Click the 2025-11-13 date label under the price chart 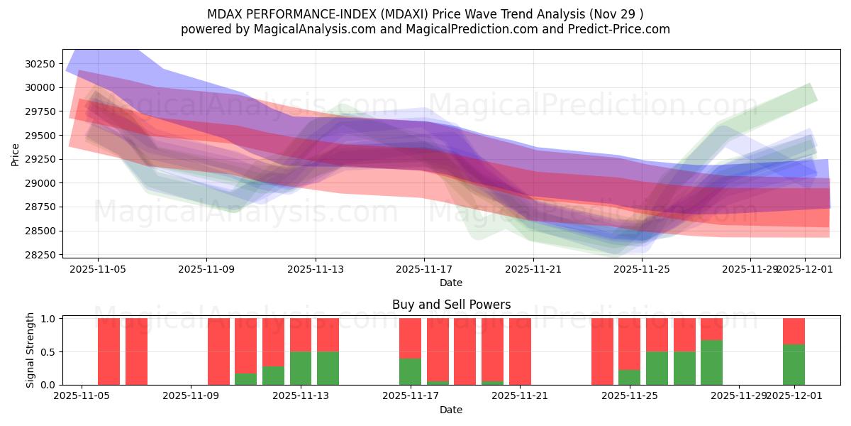(316, 270)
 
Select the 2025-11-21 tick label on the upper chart (533, 270)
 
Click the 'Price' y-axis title (15, 153)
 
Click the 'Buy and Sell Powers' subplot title (451, 305)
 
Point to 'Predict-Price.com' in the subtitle (620, 29)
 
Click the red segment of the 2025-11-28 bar (711, 329)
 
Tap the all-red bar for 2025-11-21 (520, 351)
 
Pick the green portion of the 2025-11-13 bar (301, 368)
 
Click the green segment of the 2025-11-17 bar (410, 371)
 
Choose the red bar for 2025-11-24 (602, 351)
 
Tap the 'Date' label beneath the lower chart (451, 410)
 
